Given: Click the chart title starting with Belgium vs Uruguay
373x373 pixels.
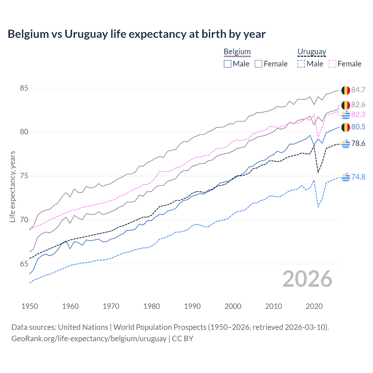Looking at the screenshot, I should coord(136,34).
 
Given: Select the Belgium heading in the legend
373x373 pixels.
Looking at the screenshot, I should coord(237,52).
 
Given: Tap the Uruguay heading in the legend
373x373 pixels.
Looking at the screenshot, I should coord(312,52).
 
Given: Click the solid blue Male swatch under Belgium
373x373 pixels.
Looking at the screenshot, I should coord(228,64).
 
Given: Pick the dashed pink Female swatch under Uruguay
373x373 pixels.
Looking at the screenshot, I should coord(332,64).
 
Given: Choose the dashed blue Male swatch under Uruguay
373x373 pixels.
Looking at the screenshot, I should coord(301,64).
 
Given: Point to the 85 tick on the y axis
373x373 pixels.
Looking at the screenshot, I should coord(24,88).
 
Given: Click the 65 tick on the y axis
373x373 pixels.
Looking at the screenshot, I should coord(24,264).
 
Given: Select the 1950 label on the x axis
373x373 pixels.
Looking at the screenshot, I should coord(30,306).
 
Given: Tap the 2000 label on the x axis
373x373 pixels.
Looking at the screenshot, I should coord(233,306).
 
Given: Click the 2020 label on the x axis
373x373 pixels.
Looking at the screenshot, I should coord(314,306).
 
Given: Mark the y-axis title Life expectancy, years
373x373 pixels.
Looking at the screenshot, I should coord(12,186).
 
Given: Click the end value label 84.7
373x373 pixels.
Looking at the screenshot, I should coord(358,90).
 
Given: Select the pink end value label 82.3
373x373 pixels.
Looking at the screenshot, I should coord(358,115).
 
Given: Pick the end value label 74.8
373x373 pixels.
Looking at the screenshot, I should coord(358,177).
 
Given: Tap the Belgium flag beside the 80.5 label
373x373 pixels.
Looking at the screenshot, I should coord(346,127).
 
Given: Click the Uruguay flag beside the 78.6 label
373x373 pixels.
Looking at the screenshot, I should coord(346,144).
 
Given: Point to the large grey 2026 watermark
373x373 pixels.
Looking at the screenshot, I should coord(307,279).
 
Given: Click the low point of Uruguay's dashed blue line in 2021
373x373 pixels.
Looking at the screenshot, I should coord(318,207).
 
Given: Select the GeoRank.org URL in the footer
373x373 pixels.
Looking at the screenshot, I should coord(89,339).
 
